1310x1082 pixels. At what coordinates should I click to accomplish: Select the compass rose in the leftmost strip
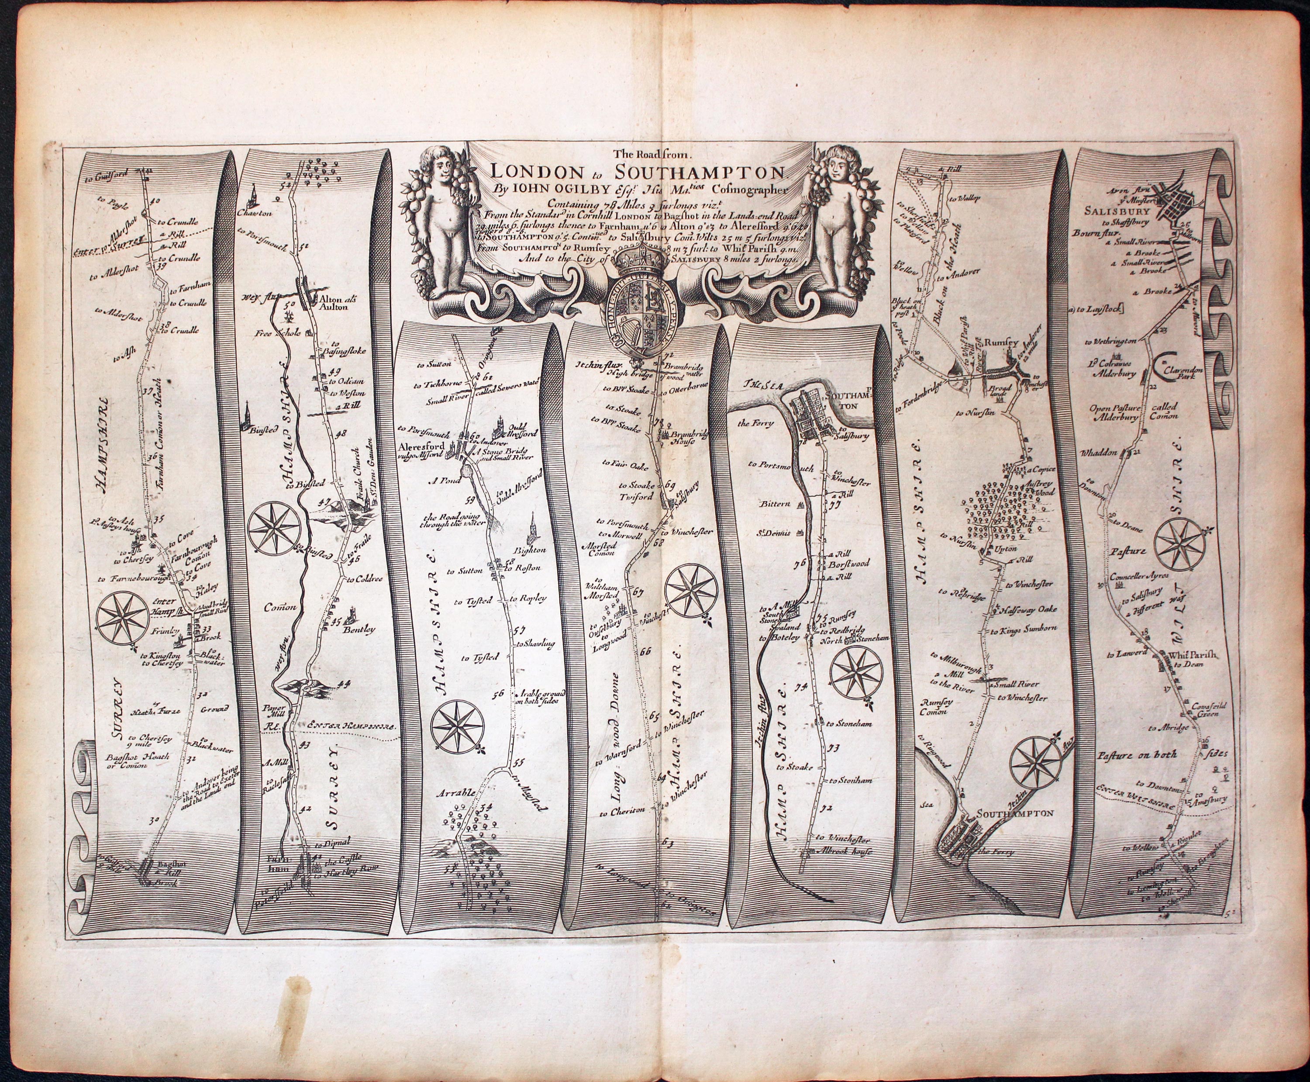tap(123, 618)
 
